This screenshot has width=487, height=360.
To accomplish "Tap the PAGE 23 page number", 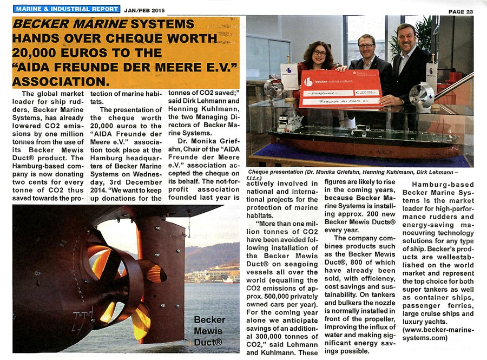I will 460,11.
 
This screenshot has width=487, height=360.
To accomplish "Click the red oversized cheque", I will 341,89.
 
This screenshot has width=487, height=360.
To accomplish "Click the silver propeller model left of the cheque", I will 273,89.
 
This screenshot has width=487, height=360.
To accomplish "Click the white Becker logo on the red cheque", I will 308,82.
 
